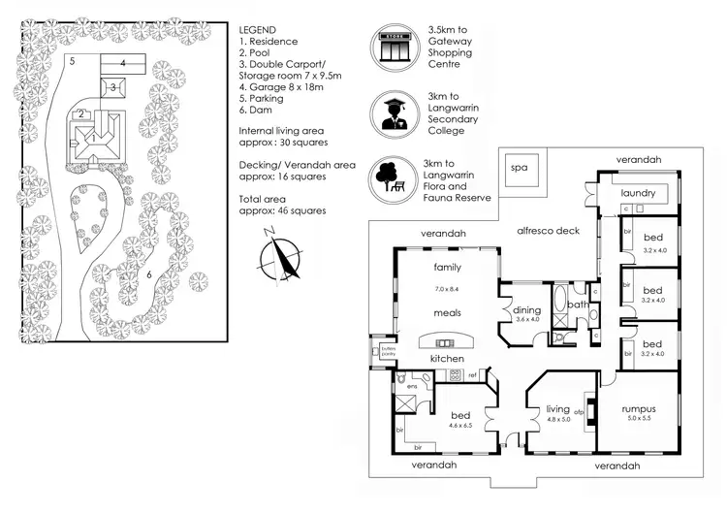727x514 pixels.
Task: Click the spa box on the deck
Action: tap(521, 169)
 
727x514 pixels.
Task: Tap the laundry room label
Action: tap(639, 193)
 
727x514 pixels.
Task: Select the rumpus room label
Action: tap(639, 408)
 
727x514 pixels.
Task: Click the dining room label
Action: tap(526, 309)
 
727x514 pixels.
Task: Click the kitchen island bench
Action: tap(445, 341)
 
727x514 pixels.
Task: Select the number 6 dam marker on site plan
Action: tap(148, 274)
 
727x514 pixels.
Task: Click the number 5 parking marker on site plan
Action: tap(72, 60)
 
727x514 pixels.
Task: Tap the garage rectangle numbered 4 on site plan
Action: tap(123, 63)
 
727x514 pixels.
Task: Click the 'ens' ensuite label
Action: tap(411, 385)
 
